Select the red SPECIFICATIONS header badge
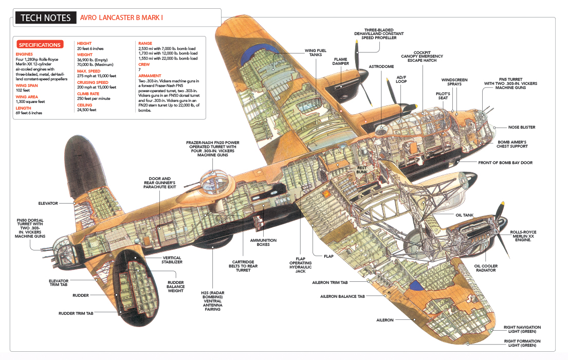(40, 45)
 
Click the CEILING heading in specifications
(85, 104)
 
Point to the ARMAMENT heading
(150, 75)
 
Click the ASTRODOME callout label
(381, 66)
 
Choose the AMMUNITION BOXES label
(263, 242)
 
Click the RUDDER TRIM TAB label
(76, 313)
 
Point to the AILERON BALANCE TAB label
(342, 296)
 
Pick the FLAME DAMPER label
(341, 62)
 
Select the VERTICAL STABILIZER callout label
(172, 260)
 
